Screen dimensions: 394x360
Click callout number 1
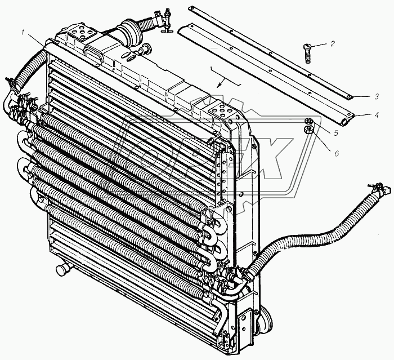pyautogui.click(x=24, y=32)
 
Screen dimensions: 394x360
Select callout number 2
pyautogui.click(x=333, y=44)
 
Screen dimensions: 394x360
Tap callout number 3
pyautogui.click(x=377, y=96)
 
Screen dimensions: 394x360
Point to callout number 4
pyautogui.click(x=376, y=115)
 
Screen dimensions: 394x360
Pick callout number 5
pyautogui.click(x=336, y=133)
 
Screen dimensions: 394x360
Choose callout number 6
pyautogui.click(x=337, y=153)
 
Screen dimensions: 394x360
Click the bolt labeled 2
pyautogui.click(x=308, y=54)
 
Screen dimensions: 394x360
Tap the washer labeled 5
pyautogui.click(x=308, y=121)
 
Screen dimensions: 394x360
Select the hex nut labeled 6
pyautogui.click(x=308, y=130)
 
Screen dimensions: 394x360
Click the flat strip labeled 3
pyautogui.click(x=271, y=53)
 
